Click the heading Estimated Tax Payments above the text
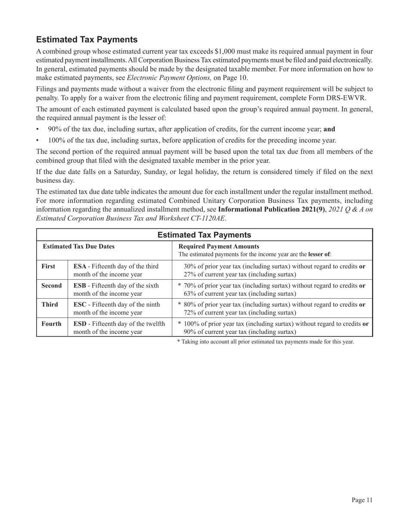point(87,40)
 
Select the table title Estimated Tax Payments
point(204,235)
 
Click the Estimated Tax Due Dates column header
point(78,246)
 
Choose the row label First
point(48,266)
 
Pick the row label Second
point(51,285)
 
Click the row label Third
point(50,305)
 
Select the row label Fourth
point(51,324)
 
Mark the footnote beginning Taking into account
point(265,342)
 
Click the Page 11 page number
point(361,500)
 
